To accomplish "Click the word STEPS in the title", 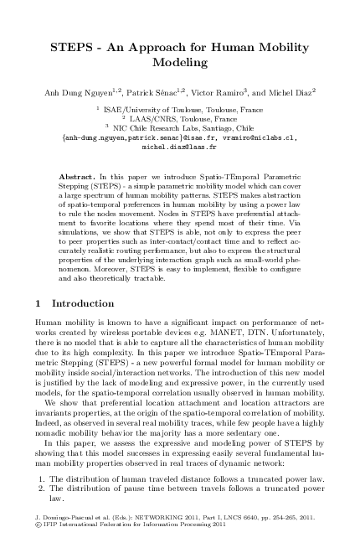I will tap(71, 47).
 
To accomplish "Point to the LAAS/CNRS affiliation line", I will tap(184, 118).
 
